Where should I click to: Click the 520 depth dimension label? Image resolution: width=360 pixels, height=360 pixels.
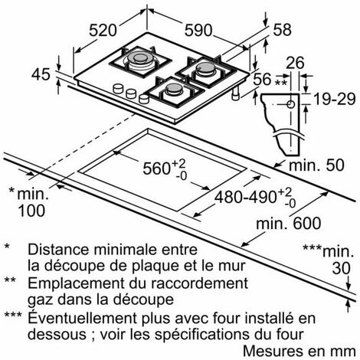(x=103, y=31)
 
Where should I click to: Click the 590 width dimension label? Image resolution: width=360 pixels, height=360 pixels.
(x=198, y=31)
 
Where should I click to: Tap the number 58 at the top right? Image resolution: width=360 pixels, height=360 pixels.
(x=282, y=30)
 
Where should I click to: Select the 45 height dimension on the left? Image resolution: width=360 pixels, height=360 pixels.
(x=41, y=74)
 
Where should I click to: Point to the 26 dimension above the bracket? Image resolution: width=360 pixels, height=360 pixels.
(x=295, y=63)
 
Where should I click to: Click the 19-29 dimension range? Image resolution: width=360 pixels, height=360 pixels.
(x=335, y=99)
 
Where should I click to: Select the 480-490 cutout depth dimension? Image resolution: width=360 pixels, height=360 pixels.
(x=255, y=197)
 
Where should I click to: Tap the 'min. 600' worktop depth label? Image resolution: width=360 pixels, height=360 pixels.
(x=288, y=224)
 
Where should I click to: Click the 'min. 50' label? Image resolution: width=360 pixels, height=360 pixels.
(x=316, y=165)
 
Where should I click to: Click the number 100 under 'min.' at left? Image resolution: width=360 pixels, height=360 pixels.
(x=31, y=211)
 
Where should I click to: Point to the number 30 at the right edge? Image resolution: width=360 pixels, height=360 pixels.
(x=341, y=268)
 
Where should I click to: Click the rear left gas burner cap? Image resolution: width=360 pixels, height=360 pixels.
(x=139, y=57)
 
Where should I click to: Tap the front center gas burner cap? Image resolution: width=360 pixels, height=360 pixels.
(x=174, y=88)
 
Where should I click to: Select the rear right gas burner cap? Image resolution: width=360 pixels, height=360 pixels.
(x=205, y=67)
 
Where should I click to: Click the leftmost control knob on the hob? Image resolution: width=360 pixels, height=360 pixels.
(x=118, y=89)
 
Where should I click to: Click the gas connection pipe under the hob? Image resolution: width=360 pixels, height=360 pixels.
(x=236, y=93)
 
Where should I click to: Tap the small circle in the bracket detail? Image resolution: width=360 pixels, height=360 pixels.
(x=290, y=104)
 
